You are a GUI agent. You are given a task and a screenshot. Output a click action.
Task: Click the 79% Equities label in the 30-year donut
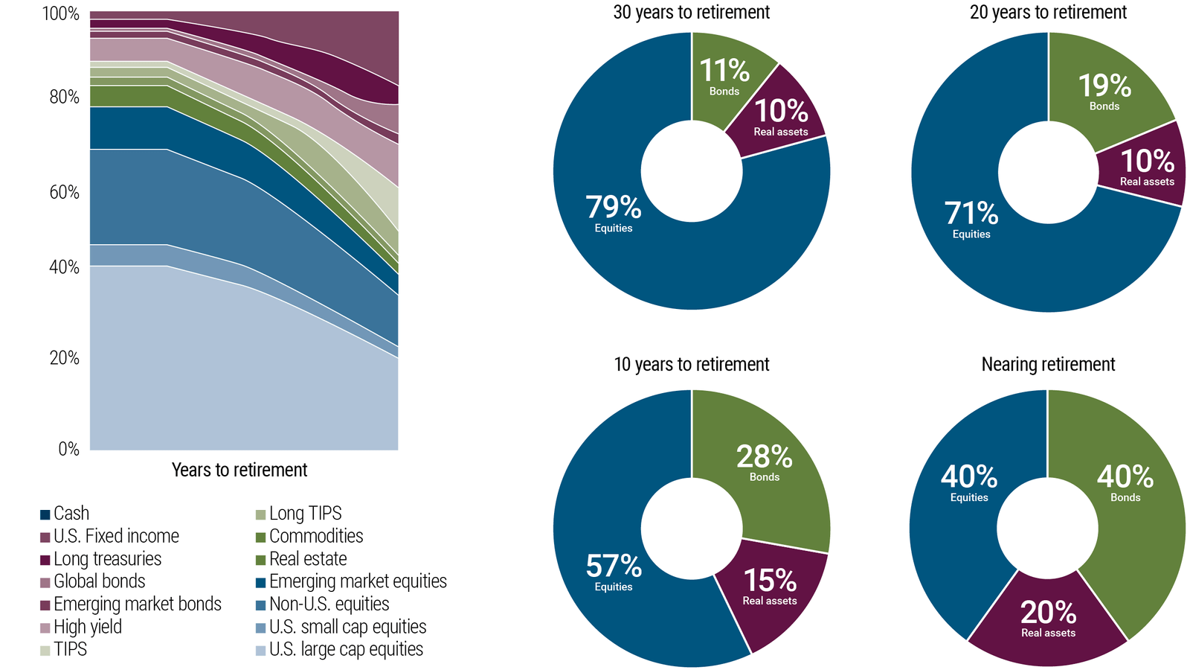pyautogui.click(x=613, y=213)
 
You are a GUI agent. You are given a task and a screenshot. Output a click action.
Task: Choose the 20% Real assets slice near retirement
pyautogui.click(x=1048, y=618)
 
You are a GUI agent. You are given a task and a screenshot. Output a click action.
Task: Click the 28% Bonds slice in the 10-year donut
pyautogui.click(x=764, y=462)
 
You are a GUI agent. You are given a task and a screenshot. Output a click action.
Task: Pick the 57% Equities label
pyautogui.click(x=613, y=571)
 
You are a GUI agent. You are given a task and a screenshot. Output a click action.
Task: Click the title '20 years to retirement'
pyautogui.click(x=1048, y=13)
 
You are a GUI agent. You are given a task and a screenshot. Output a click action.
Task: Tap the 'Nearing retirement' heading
pyautogui.click(x=1048, y=364)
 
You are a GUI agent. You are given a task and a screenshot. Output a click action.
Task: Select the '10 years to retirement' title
pyautogui.click(x=691, y=364)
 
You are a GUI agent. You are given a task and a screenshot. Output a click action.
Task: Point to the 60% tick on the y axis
pyautogui.click(x=64, y=192)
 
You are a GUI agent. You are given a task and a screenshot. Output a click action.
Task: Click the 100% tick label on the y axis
pyautogui.click(x=61, y=14)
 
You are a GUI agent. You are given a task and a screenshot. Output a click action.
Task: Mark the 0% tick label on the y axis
pyautogui.click(x=68, y=449)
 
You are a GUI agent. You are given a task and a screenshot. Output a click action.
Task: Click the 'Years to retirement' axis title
pyautogui.click(x=239, y=470)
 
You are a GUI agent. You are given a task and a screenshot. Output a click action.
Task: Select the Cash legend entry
pyautogui.click(x=65, y=514)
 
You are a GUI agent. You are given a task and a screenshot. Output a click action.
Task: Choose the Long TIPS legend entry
pyautogui.click(x=298, y=514)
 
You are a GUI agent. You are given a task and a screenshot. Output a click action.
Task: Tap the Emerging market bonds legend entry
pyautogui.click(x=131, y=604)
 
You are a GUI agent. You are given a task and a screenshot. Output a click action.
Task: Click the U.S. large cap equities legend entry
pyautogui.click(x=339, y=650)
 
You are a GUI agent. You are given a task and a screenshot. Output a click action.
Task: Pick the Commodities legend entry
pyautogui.click(x=309, y=537)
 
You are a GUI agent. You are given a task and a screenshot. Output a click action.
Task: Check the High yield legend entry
pyautogui.click(x=81, y=627)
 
